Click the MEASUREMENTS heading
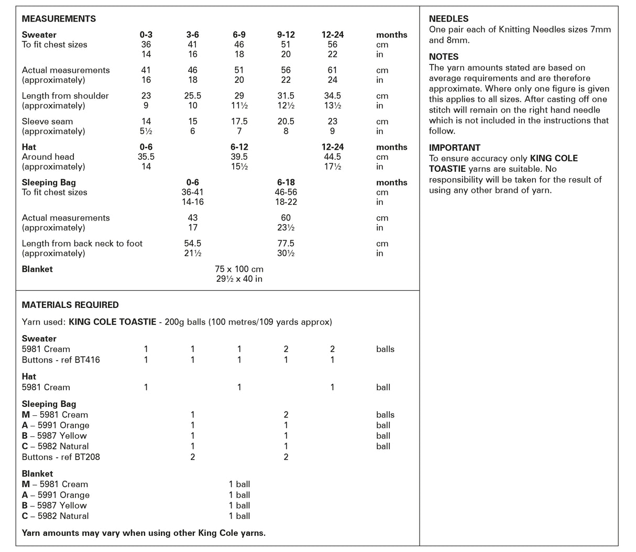(59, 19)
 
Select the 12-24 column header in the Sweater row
(332, 35)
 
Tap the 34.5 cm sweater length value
(332, 96)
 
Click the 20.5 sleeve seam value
(286, 122)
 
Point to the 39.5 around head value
(239, 157)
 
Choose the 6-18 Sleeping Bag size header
(286, 182)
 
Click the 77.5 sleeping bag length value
(286, 244)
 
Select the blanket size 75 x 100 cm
(239, 269)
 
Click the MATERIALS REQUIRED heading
(70, 305)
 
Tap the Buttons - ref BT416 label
(61, 360)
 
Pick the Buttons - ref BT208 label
(61, 457)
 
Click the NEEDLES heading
(448, 19)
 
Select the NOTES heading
(443, 57)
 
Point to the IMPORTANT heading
(454, 148)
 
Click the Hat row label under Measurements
(29, 147)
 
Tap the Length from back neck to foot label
(82, 244)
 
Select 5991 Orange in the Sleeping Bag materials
(63, 425)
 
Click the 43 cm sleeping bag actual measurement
(192, 218)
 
